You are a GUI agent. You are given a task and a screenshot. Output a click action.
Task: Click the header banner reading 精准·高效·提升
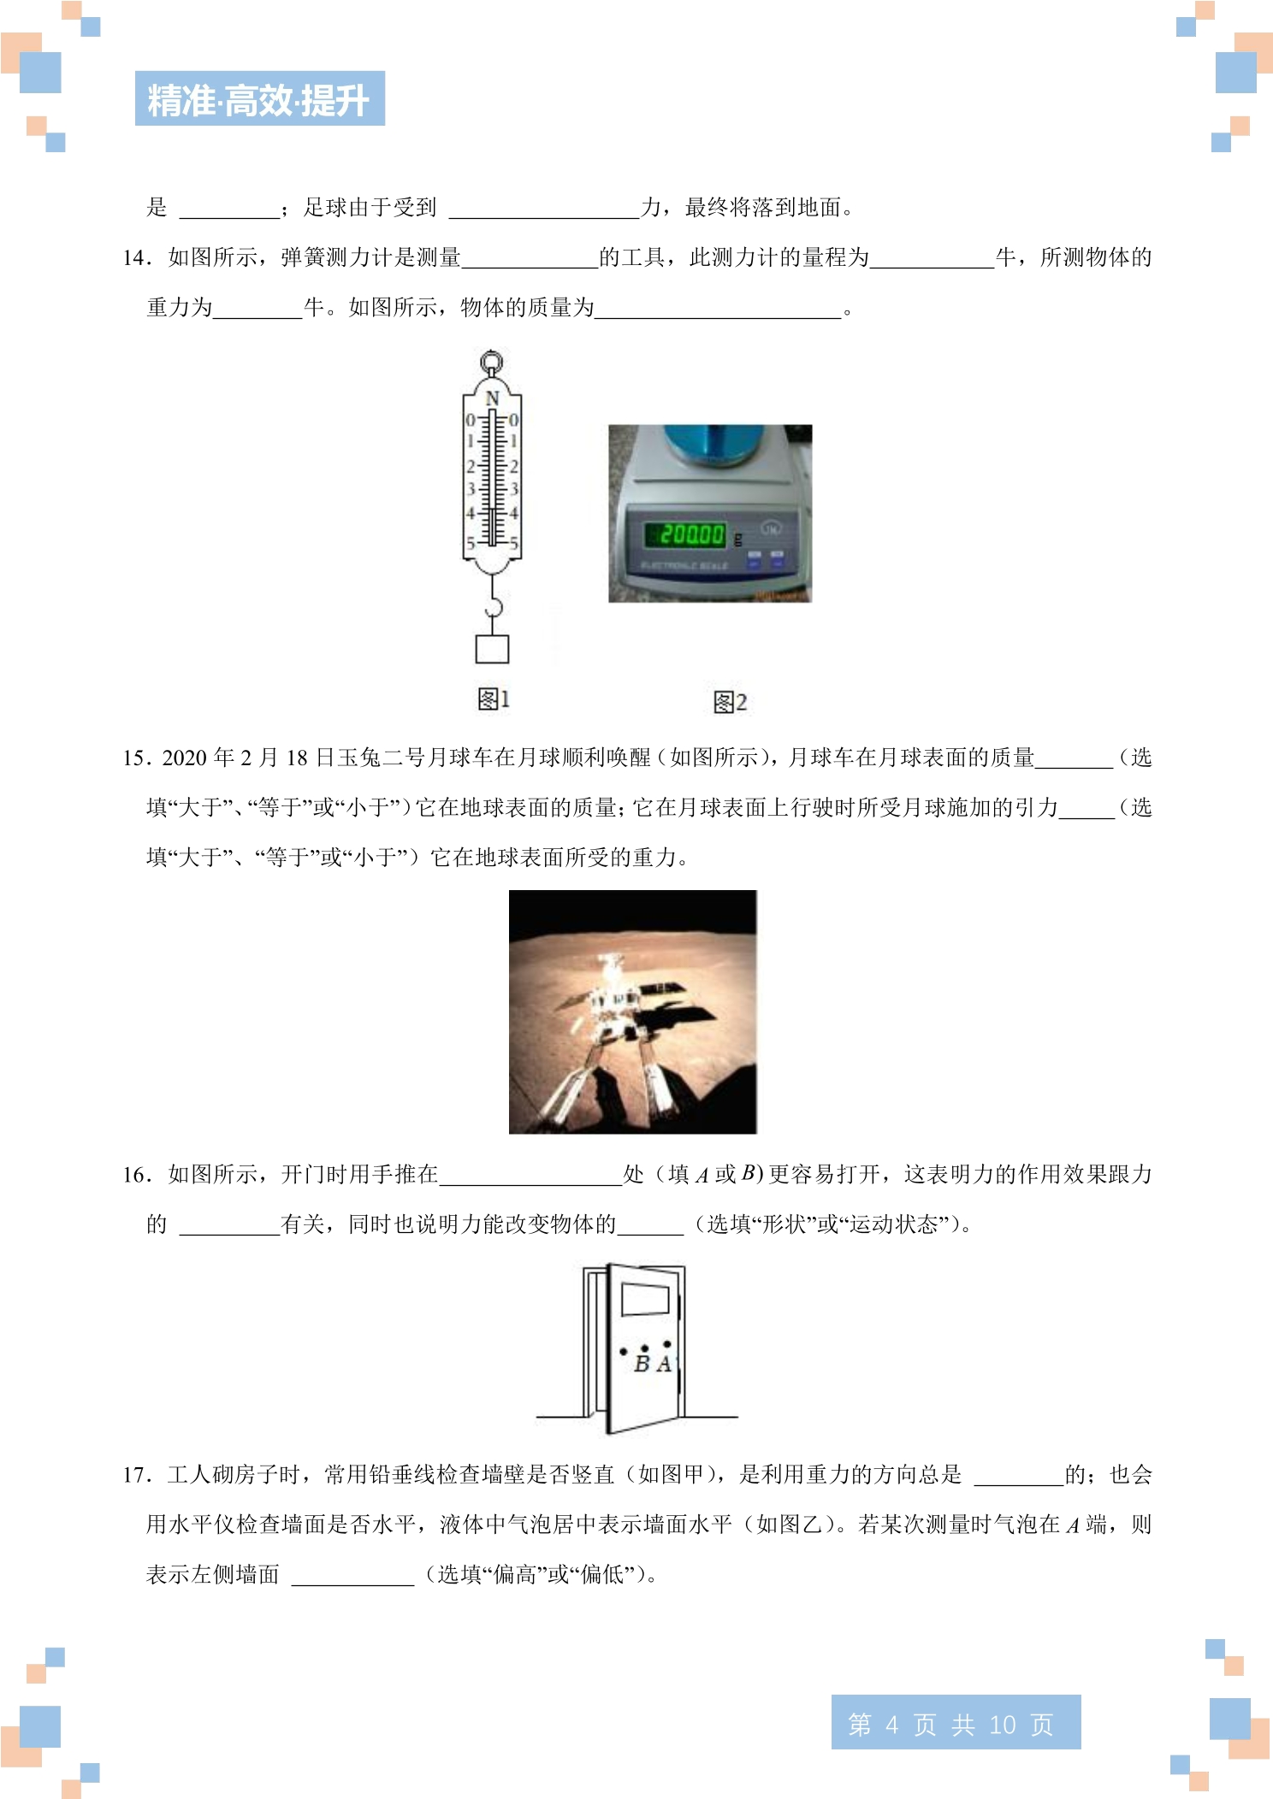click(x=260, y=98)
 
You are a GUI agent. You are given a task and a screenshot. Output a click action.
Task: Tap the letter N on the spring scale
click(x=492, y=398)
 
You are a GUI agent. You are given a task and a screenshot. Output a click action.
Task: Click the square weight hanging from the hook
click(x=493, y=649)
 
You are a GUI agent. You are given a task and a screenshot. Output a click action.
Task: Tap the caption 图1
click(x=494, y=699)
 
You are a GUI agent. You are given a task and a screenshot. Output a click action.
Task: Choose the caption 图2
click(x=731, y=702)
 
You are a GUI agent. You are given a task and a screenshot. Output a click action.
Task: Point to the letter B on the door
click(x=642, y=1365)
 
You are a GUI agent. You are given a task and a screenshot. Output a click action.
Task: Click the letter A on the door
click(x=663, y=1365)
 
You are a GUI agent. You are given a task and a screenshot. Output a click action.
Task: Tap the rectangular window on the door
click(x=645, y=1300)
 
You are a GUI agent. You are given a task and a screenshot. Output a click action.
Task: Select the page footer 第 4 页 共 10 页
click(x=956, y=1722)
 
